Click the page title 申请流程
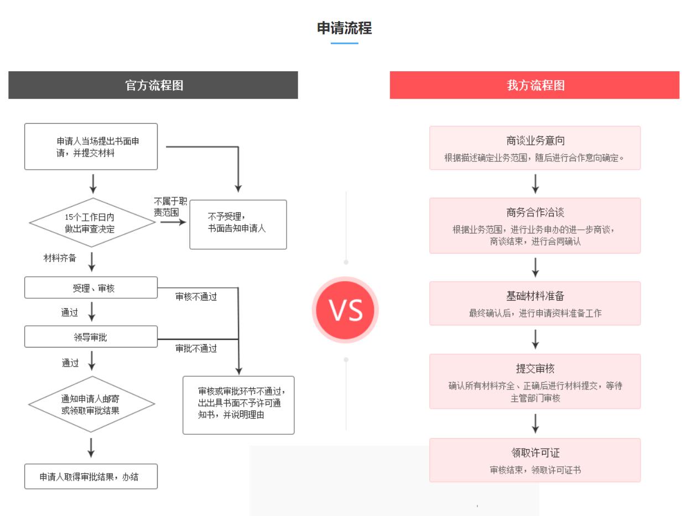pos(344,28)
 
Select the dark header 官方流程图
pos(153,85)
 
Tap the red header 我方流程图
pos(534,85)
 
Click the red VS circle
pos(345,310)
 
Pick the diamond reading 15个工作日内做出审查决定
pos(92,223)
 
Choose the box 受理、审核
pos(91,287)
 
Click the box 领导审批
pos(91,336)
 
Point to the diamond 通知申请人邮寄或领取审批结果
pos(91,404)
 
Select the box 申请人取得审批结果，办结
pos(91,476)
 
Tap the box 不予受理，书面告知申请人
pos(238,224)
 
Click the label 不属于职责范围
pos(170,207)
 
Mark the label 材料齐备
pos(60,258)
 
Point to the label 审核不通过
pos(196,296)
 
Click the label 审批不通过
pos(196,348)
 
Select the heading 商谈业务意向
pos(535,141)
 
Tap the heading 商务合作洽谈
pos(535,213)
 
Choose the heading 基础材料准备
pos(535,296)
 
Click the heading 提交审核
pos(535,368)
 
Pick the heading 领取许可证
pos(535,452)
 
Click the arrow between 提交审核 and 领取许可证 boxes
pos(535,424)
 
